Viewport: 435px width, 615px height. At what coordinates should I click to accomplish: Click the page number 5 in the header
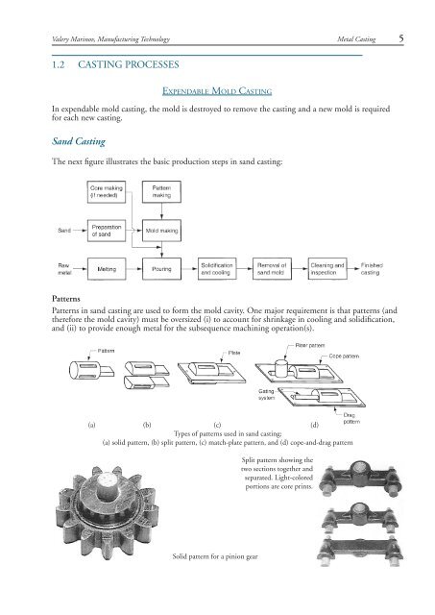click(x=400, y=38)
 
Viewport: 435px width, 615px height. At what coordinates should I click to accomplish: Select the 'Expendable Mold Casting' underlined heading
click(x=217, y=91)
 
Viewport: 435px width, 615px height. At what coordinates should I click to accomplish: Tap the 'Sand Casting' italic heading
click(x=79, y=141)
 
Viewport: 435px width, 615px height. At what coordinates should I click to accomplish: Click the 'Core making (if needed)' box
click(x=107, y=192)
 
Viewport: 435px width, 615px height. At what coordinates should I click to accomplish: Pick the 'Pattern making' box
click(x=161, y=192)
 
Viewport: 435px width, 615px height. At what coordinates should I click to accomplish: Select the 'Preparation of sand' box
click(x=107, y=231)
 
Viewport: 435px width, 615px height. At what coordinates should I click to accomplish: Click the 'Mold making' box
click(x=161, y=231)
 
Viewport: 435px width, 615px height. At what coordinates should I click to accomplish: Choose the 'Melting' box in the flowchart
click(x=107, y=269)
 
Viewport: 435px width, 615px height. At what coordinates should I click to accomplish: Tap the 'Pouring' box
click(x=161, y=269)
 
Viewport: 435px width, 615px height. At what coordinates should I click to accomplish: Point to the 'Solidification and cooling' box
click(x=217, y=269)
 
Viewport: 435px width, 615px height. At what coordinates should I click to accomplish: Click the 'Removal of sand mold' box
click(x=272, y=269)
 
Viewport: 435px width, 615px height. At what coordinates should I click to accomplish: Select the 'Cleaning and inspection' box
click(x=327, y=269)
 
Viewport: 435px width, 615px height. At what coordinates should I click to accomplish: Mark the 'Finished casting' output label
click(x=372, y=269)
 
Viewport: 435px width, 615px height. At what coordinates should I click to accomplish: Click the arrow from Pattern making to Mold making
click(x=161, y=211)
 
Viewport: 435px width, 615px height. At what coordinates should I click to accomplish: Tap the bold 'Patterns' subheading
click(x=66, y=299)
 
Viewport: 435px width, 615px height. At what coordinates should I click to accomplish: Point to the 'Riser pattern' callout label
click(x=309, y=346)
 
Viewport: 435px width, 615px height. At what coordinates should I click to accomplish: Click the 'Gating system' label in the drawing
click(x=267, y=395)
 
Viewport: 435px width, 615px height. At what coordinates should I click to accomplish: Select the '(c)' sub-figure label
click(x=217, y=425)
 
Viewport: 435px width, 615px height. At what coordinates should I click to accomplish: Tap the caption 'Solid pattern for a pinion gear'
click(x=215, y=556)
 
